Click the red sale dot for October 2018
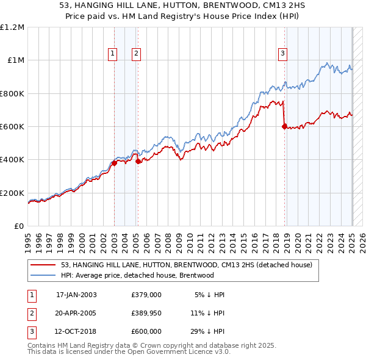tap(284, 127)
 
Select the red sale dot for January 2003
tap(114, 163)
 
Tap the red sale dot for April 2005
tap(138, 161)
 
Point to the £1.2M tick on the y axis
tap(12, 27)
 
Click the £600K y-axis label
tap(12, 127)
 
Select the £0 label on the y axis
tap(19, 226)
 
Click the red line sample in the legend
tap(44, 265)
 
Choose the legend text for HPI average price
tap(138, 275)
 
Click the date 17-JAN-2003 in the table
tap(76, 295)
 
